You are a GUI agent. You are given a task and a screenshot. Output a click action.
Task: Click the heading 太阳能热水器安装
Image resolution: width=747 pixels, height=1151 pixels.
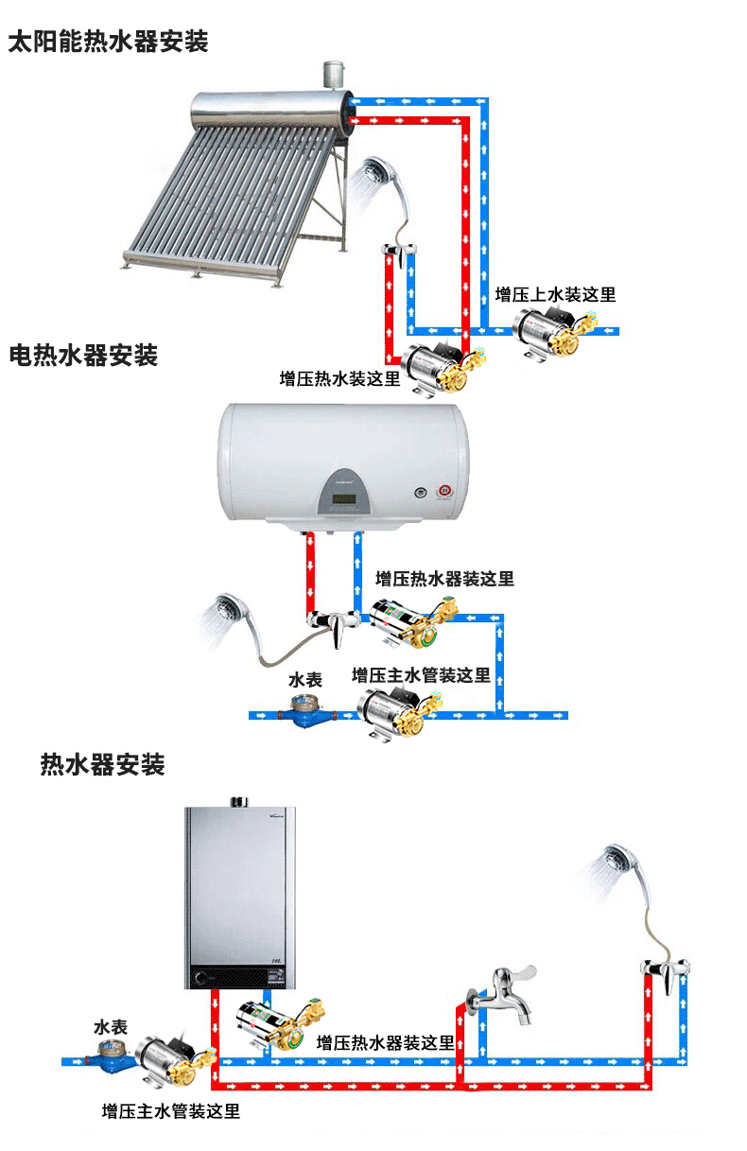pyautogui.click(x=108, y=43)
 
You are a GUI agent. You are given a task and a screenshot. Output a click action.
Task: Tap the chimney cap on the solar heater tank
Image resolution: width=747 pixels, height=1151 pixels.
pyautogui.click(x=333, y=72)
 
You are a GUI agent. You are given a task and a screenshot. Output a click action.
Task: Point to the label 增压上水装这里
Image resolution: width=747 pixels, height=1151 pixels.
pyautogui.click(x=555, y=295)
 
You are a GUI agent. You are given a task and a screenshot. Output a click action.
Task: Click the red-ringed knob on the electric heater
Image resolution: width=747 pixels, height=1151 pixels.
pyautogui.click(x=443, y=492)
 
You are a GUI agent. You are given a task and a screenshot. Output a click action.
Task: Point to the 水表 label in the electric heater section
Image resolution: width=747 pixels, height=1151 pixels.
pyautogui.click(x=305, y=680)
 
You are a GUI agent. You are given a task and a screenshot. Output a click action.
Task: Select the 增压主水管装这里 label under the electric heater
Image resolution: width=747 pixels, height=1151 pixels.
pyautogui.click(x=421, y=675)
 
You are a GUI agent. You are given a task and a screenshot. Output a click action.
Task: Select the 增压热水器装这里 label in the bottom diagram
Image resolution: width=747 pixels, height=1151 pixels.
pyautogui.click(x=385, y=1043)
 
